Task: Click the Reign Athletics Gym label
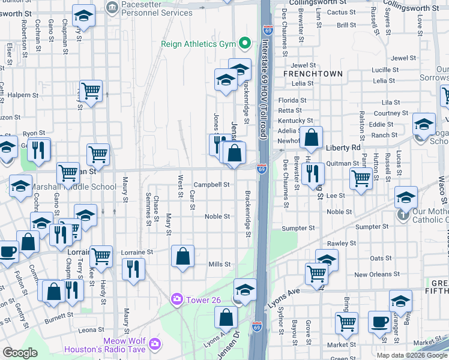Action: tap(198, 44)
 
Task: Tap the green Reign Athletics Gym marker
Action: tap(244, 43)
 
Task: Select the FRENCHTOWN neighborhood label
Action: tap(313, 74)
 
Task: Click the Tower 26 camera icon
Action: tap(177, 299)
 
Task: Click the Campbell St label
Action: tap(211, 185)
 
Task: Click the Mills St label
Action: tap(219, 264)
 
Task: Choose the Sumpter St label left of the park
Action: tap(298, 228)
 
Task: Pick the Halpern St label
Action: tap(22, 95)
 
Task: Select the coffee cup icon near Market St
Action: tap(379, 321)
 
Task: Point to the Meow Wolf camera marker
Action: tap(155, 344)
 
